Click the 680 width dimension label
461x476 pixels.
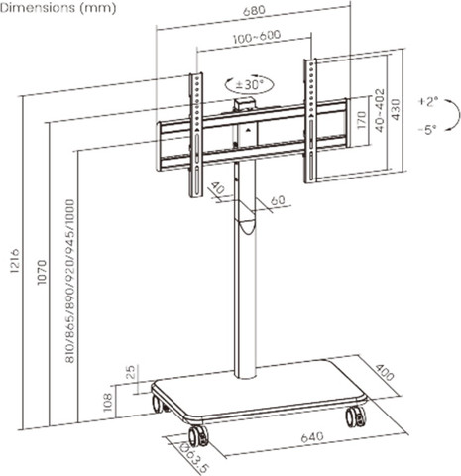tap(254, 10)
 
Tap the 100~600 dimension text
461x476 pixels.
tap(257, 37)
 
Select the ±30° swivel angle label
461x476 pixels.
tap(250, 85)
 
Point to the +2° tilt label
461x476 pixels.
tap(428, 101)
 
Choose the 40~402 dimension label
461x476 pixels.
tap(380, 110)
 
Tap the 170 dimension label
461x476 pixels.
tap(362, 120)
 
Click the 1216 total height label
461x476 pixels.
tap(15, 261)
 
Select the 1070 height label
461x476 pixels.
tap(42, 272)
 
